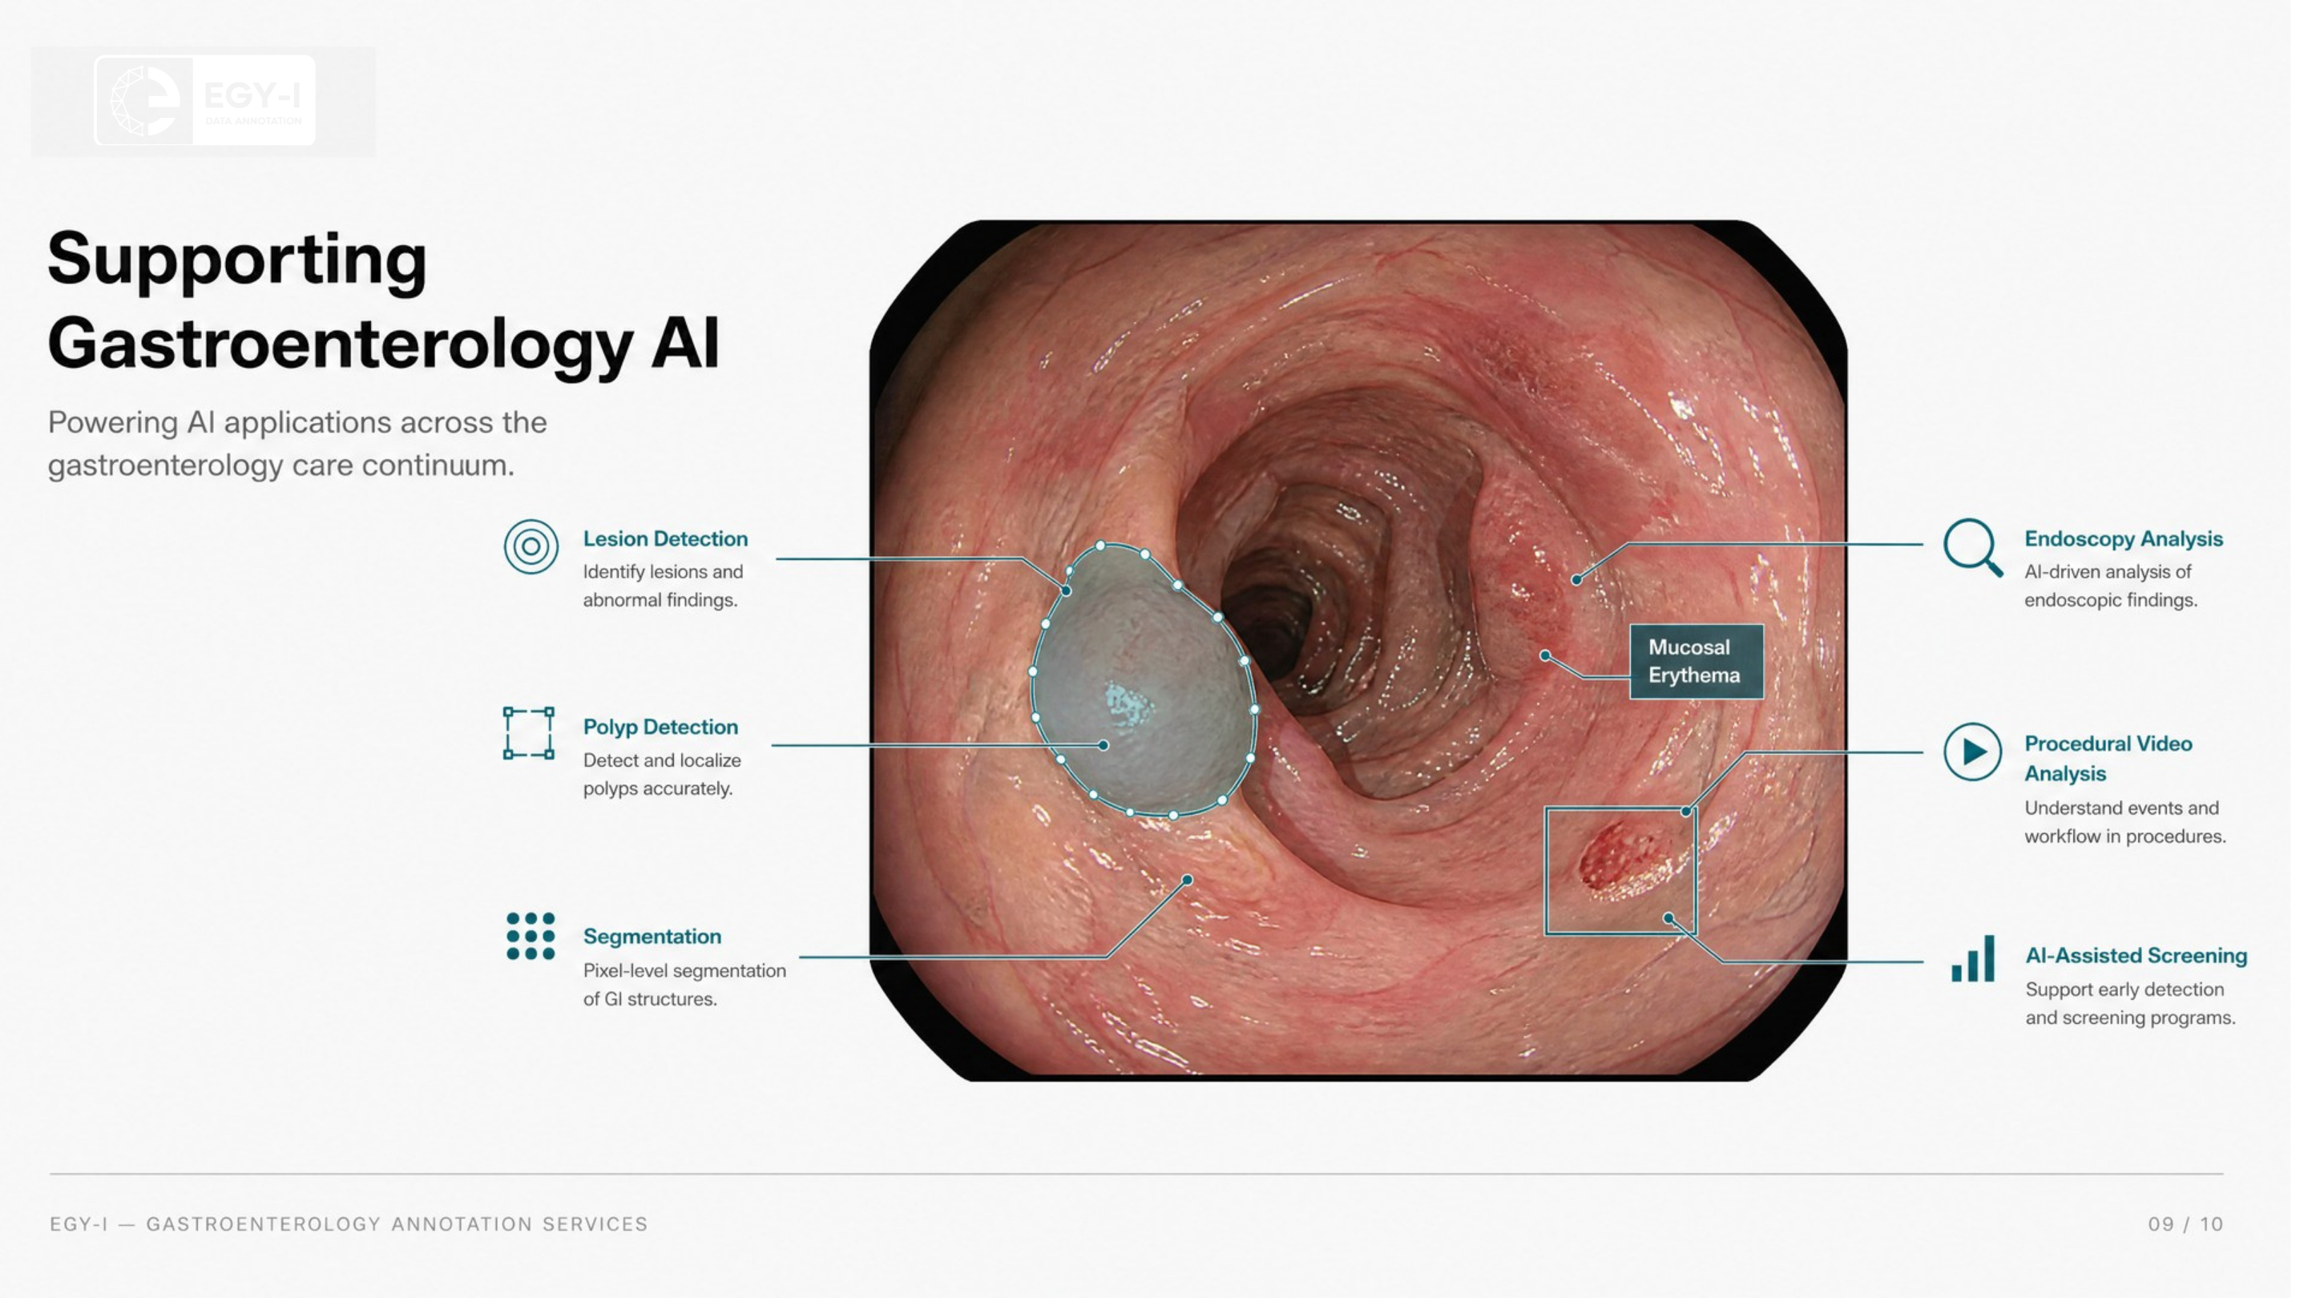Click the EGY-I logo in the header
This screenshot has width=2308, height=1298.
pyautogui.click(x=205, y=100)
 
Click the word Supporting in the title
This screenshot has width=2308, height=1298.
pyautogui.click(x=237, y=260)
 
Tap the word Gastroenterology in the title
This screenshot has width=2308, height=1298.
pyautogui.click(x=341, y=343)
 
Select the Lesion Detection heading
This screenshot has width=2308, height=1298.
pyautogui.click(x=665, y=539)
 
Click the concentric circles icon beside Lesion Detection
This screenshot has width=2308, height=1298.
pyautogui.click(x=531, y=546)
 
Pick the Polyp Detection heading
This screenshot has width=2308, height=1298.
pyautogui.click(x=660, y=728)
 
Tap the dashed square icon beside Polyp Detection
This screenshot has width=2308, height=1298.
pyautogui.click(x=529, y=733)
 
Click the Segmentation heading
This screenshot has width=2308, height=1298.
pyautogui.click(x=652, y=937)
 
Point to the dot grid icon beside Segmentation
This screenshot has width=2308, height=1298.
pyautogui.click(x=531, y=936)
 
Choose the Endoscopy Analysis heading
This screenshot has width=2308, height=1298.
pyautogui.click(x=2124, y=539)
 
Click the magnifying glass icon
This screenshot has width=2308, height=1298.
pyautogui.click(x=1972, y=547)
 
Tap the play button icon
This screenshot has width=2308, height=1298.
pyautogui.click(x=1972, y=752)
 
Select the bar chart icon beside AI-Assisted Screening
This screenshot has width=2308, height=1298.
pyautogui.click(x=1973, y=958)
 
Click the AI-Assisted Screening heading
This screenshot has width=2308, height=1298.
pyautogui.click(x=2136, y=956)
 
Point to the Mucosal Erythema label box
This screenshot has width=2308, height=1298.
pyautogui.click(x=1696, y=662)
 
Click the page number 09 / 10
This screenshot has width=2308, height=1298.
pyautogui.click(x=2185, y=1224)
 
